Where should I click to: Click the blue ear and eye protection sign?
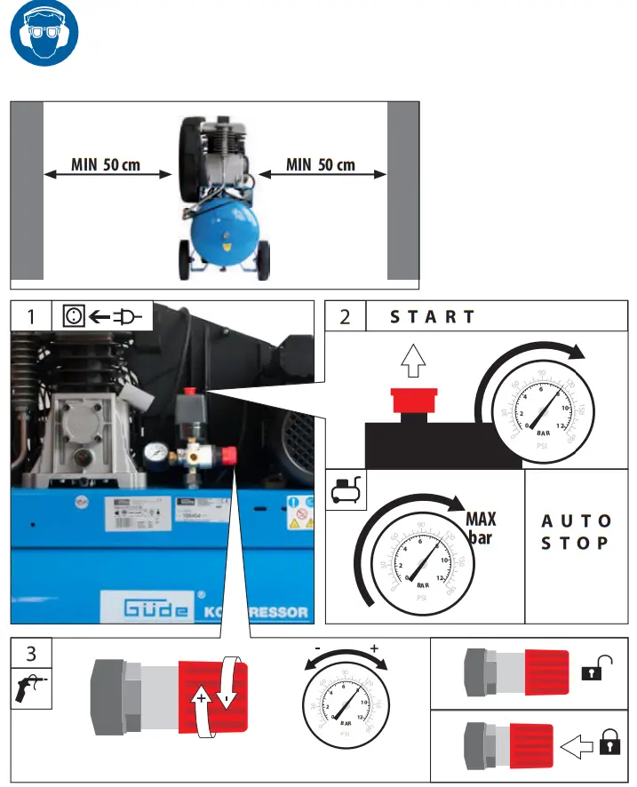pos(44,38)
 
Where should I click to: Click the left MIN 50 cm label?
pos(106,165)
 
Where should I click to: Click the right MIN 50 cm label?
pos(321,165)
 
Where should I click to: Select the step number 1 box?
pos(32,316)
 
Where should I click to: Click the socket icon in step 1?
pos(75,316)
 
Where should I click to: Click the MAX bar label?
pos(481,528)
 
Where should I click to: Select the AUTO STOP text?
pos(576,531)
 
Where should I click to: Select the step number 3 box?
pos(32,655)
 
